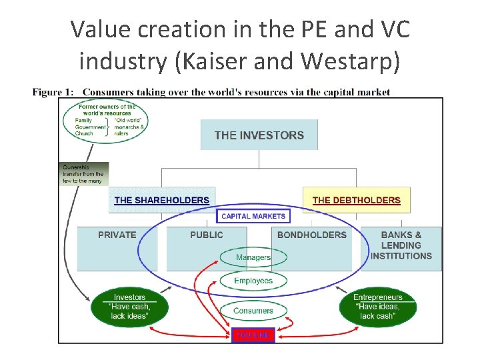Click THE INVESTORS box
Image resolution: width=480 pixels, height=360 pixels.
pos(259,135)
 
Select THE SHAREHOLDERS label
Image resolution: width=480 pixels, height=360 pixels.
pos(161,200)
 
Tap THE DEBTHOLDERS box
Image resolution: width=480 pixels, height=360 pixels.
pos(356,200)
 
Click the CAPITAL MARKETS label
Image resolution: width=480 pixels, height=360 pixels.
pos(253,216)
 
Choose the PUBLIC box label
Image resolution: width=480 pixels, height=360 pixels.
pos(207,235)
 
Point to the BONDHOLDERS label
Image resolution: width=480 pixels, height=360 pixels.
pos(312,235)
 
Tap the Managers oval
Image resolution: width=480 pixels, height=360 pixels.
pos(253,257)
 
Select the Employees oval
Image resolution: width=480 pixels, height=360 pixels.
pos(253,281)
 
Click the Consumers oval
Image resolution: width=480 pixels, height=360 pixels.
pos(253,311)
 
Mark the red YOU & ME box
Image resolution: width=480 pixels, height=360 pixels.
pos(253,335)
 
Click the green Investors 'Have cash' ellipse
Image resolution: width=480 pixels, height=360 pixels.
pos(129,307)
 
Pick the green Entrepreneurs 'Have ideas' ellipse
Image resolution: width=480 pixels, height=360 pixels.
pos(378,307)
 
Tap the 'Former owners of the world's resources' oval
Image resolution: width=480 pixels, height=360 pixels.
pos(107,120)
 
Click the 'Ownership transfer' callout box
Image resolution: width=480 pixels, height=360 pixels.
pos(83,174)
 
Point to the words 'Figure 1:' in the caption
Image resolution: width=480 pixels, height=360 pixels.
pos(52,92)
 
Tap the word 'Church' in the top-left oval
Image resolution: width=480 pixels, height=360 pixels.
pos(85,133)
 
